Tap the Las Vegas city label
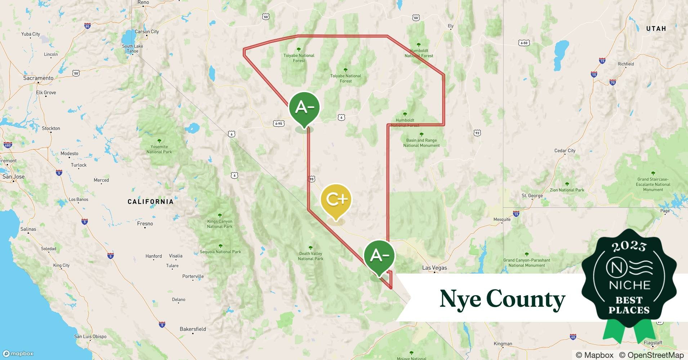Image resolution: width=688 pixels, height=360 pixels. [x=434, y=268]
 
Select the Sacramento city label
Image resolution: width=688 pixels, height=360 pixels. [x=38, y=78]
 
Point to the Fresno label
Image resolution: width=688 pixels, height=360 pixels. [x=145, y=224]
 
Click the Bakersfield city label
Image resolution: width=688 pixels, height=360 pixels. [x=193, y=329]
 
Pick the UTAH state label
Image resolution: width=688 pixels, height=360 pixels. [x=656, y=29]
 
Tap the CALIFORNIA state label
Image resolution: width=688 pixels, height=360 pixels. [x=151, y=202]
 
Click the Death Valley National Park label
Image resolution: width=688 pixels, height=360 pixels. [x=311, y=256]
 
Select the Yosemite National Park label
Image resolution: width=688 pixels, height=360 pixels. [x=159, y=149]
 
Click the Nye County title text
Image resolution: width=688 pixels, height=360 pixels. [x=502, y=299]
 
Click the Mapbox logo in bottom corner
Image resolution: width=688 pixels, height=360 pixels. [x=18, y=354]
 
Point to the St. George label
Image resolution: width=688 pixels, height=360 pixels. [x=532, y=196]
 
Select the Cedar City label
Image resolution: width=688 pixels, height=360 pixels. [x=565, y=151]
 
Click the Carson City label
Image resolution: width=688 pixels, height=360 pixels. [x=147, y=32]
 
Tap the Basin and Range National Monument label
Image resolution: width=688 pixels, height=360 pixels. [x=421, y=143]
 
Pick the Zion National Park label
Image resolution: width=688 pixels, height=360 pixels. [x=567, y=190]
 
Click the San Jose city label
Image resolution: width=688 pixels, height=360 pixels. [x=13, y=177]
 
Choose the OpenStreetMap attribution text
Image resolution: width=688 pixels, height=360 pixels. [x=651, y=355]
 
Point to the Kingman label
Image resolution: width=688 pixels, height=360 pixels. [x=503, y=344]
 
